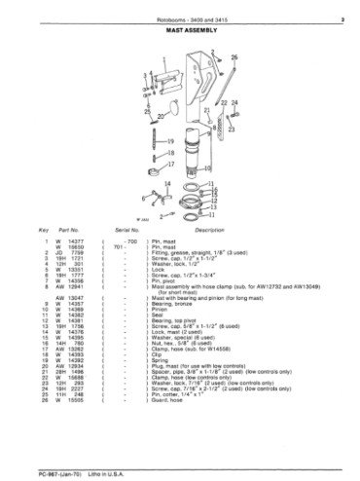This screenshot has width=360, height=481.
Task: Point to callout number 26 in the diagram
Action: (234, 58)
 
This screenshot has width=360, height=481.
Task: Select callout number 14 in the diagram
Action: (194, 183)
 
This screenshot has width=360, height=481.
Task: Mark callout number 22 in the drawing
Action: (221, 102)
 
